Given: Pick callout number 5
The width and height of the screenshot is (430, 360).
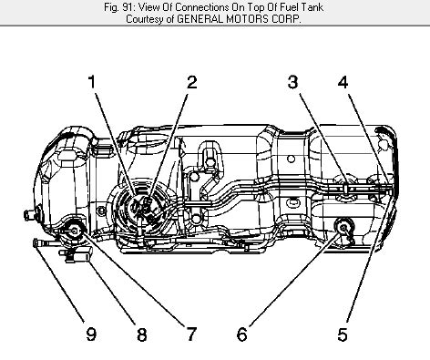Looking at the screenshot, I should tap(342, 334).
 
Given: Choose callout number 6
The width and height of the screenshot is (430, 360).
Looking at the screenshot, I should tap(241, 334).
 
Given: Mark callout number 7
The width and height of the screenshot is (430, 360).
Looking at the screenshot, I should tap(191, 334).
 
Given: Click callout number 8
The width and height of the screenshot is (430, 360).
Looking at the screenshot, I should tap(141, 334).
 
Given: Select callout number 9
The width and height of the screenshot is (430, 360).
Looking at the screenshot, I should tap(91, 334).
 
